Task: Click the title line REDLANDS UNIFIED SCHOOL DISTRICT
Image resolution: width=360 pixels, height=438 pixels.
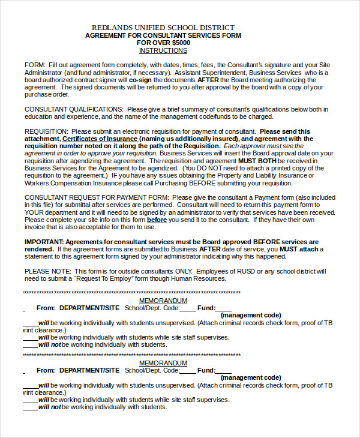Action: (x=163, y=28)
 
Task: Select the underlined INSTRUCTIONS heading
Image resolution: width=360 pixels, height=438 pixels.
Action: (x=163, y=51)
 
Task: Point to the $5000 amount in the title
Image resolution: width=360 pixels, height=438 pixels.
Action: (x=181, y=43)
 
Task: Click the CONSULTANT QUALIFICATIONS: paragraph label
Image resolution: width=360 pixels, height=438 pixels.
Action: (x=74, y=109)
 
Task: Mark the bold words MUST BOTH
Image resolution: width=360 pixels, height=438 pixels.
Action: (x=259, y=161)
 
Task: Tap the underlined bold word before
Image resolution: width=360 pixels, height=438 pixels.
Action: (x=157, y=220)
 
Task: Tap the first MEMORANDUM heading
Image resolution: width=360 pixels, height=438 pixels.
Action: (x=163, y=301)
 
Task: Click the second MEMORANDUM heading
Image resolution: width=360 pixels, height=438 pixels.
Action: (x=163, y=364)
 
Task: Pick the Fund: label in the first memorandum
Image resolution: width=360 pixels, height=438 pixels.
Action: (x=206, y=308)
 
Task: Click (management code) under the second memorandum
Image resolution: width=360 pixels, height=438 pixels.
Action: (x=250, y=378)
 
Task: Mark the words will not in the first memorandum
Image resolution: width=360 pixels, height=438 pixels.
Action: (x=50, y=344)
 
